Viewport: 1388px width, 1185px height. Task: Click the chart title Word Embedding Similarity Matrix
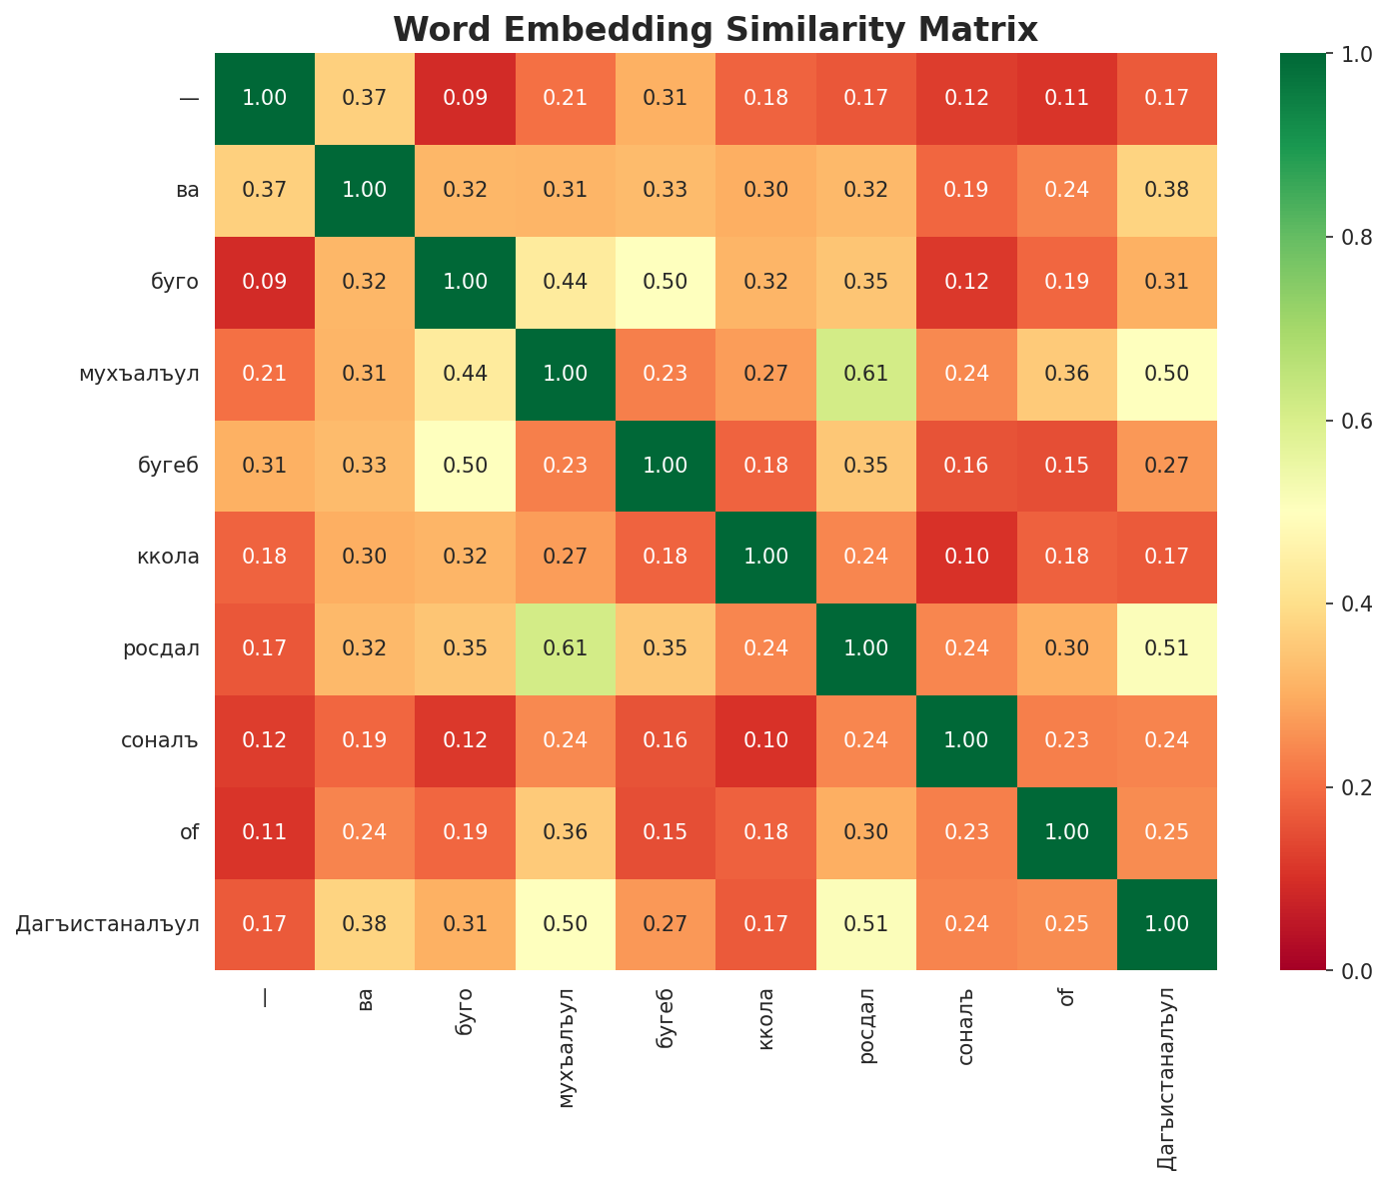pyautogui.click(x=715, y=29)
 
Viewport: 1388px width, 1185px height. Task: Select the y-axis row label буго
pyautogui.click(x=174, y=282)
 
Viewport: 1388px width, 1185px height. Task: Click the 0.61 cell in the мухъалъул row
pyautogui.click(x=866, y=374)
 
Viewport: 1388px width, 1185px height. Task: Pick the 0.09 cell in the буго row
pyautogui.click(x=265, y=282)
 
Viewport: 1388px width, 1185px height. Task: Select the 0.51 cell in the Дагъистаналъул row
pyautogui.click(x=866, y=924)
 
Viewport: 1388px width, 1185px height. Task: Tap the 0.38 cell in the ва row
pyautogui.click(x=1167, y=190)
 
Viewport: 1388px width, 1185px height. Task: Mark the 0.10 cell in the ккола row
pyautogui.click(x=966, y=557)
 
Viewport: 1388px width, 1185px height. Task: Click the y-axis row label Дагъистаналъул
pyautogui.click(x=108, y=924)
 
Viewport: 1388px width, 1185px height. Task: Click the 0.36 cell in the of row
pyautogui.click(x=566, y=832)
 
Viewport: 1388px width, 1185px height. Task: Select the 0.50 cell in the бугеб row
pyautogui.click(x=466, y=466)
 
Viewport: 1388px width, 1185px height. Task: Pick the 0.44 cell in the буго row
pyautogui.click(x=566, y=282)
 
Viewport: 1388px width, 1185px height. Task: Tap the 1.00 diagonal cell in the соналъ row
pyautogui.click(x=966, y=740)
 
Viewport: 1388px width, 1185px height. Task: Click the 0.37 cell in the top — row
pyautogui.click(x=365, y=98)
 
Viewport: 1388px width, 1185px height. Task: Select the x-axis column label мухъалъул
pyautogui.click(x=567, y=1048)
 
